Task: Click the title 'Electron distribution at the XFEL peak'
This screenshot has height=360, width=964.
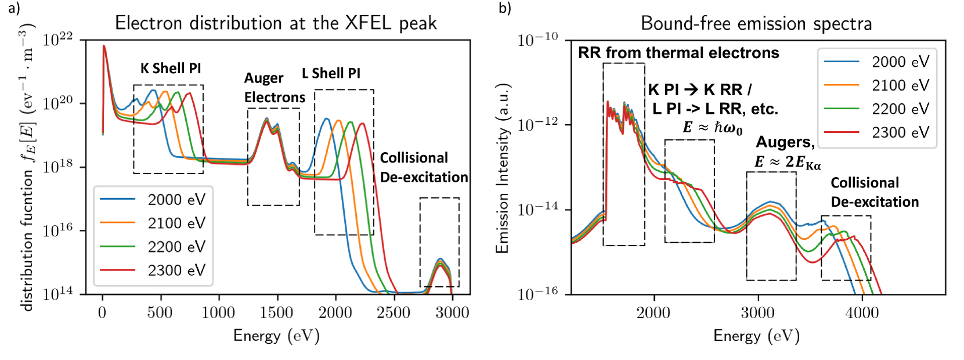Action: point(276,23)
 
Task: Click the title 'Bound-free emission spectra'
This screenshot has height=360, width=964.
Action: point(756,23)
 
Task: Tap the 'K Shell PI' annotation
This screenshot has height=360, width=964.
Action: point(171,69)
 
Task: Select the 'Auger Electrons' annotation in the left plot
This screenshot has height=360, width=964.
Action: point(274,88)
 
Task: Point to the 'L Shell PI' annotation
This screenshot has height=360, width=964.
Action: point(331,73)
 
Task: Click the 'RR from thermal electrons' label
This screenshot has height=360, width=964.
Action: point(678,53)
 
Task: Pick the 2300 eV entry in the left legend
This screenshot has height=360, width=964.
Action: point(176,270)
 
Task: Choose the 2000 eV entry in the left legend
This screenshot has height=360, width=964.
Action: point(176,200)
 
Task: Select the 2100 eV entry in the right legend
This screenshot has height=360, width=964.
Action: point(900,85)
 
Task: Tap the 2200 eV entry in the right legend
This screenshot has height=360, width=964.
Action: point(900,109)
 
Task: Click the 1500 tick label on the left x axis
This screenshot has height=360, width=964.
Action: point(277,312)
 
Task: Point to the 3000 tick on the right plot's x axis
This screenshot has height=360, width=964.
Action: point(758,312)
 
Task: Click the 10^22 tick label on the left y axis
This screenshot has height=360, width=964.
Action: point(58,39)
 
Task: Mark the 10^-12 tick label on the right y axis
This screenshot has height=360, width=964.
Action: point(537,124)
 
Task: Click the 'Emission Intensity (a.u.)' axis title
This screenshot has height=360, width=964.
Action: point(502,168)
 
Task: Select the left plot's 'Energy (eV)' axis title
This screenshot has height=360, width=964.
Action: point(276,336)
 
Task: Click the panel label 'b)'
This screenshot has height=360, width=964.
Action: point(504,8)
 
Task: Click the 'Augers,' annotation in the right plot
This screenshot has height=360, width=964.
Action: point(785,142)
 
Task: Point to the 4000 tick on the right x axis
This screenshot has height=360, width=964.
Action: point(862,312)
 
